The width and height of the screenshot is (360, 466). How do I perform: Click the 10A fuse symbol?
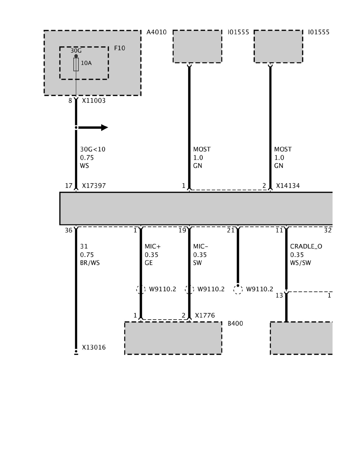[x=76, y=65]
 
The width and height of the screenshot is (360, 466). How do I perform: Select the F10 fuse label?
[x=120, y=48]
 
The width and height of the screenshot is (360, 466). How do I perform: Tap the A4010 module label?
[x=156, y=32]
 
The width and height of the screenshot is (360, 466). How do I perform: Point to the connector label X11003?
[x=94, y=100]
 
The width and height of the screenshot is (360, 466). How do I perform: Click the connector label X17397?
[x=94, y=186]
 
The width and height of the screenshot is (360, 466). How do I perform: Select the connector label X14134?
[x=288, y=186]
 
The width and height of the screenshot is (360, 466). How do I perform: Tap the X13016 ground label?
[x=94, y=348]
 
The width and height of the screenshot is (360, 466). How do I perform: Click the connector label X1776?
[x=205, y=315]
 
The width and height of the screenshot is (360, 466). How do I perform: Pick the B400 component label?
[x=235, y=324]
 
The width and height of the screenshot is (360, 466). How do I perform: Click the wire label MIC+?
[x=153, y=247]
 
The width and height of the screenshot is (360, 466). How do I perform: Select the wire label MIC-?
[x=200, y=247]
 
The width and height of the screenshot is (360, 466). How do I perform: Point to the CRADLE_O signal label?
[x=306, y=247]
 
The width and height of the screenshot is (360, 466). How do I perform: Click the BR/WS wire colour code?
[x=90, y=263]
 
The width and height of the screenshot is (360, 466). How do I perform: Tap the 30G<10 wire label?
[x=93, y=149]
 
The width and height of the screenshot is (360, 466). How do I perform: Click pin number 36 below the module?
[x=69, y=231]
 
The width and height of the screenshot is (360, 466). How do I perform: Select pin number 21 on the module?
[x=231, y=231]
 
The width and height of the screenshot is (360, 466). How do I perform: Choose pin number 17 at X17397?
[x=69, y=186]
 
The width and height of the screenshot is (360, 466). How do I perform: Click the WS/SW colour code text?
[x=300, y=263]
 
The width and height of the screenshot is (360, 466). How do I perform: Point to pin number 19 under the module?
[x=182, y=231]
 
